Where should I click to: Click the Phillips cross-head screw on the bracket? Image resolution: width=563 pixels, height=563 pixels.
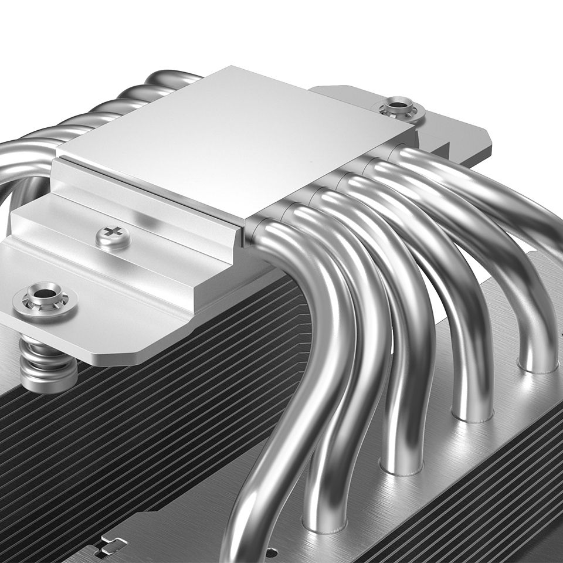click(113, 236)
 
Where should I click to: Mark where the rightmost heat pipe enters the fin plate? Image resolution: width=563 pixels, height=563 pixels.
click(537, 367)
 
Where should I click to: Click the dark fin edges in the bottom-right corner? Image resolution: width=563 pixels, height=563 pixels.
click(516, 516)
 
